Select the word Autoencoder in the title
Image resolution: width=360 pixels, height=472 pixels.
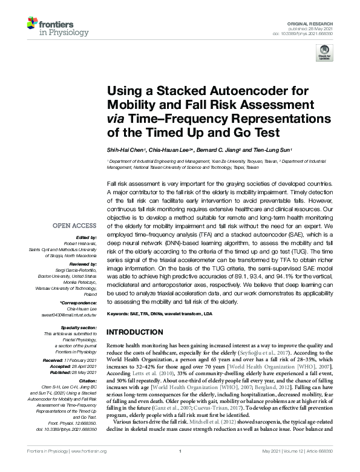226,91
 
